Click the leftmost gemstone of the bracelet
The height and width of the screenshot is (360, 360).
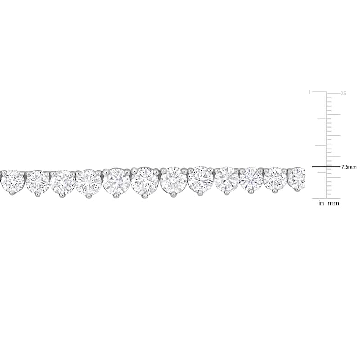point(13,181)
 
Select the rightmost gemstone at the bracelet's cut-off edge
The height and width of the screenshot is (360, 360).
point(297,178)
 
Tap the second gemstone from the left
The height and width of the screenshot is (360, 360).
point(38,183)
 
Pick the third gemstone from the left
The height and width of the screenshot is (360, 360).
point(63,183)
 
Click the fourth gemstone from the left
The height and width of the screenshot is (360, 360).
point(88,182)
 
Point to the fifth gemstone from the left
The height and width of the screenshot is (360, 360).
point(117,182)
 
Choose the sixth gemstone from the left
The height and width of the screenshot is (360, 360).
point(145,181)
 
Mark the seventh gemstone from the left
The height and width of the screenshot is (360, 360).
point(173,180)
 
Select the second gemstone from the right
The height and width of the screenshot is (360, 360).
point(275,178)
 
